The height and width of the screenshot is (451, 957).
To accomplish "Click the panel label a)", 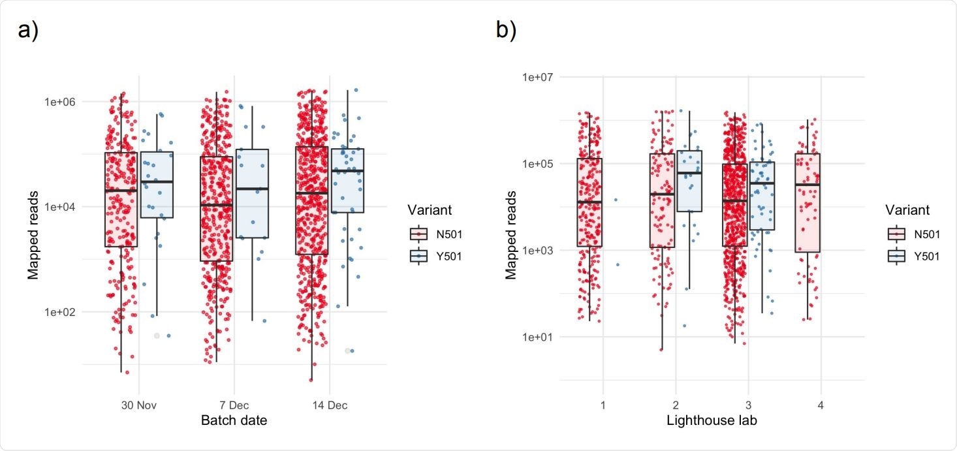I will tap(27, 31).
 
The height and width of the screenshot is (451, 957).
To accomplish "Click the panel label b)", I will tap(506, 31).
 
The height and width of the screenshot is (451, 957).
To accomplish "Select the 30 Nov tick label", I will tap(138, 405).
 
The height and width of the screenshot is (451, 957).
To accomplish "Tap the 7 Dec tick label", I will tap(233, 405).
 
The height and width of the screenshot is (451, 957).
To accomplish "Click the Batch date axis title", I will tap(233, 420).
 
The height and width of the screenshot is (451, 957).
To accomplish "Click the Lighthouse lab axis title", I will tap(712, 420).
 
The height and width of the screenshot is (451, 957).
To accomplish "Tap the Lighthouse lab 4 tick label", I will tap(820, 405).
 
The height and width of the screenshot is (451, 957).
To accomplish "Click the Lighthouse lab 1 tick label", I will tap(603, 405).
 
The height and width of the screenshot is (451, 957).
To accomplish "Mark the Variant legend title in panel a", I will tap(430, 210).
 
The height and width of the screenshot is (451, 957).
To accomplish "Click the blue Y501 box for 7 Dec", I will tap(252, 193).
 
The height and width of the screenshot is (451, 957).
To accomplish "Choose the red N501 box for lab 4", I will tap(808, 202).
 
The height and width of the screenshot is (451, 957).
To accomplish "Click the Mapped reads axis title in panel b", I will tap(511, 234).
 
